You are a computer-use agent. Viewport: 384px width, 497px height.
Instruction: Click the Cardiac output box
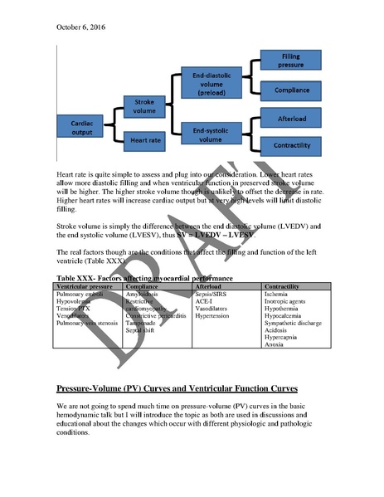coord(80,127)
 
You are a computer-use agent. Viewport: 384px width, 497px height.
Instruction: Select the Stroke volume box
coord(144,106)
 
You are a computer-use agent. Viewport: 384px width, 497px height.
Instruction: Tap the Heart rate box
coord(144,140)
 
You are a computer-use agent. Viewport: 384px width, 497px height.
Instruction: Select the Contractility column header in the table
coord(287,285)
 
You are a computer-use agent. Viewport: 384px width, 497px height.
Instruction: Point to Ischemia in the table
coord(277,294)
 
